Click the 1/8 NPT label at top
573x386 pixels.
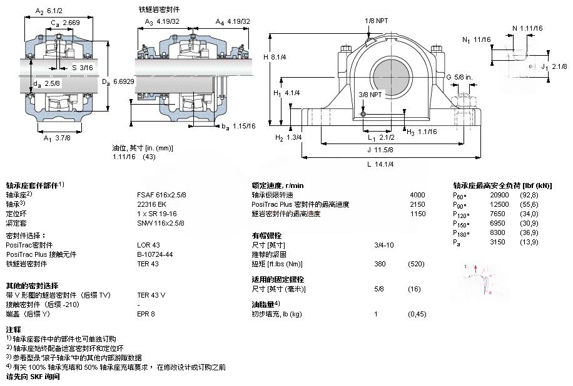click(x=377, y=21)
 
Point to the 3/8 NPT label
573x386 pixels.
click(x=370, y=95)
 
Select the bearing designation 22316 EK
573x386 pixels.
click(x=152, y=204)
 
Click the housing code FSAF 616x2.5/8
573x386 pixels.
click(x=161, y=195)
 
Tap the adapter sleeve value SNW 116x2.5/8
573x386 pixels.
click(x=161, y=222)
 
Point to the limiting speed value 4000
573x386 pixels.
click(x=417, y=195)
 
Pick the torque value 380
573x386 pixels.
click(x=379, y=263)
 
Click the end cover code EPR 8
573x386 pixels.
click(x=146, y=313)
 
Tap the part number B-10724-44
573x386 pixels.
click(x=155, y=254)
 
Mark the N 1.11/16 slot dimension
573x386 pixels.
click(x=527, y=28)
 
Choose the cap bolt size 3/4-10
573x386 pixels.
click(x=383, y=244)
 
